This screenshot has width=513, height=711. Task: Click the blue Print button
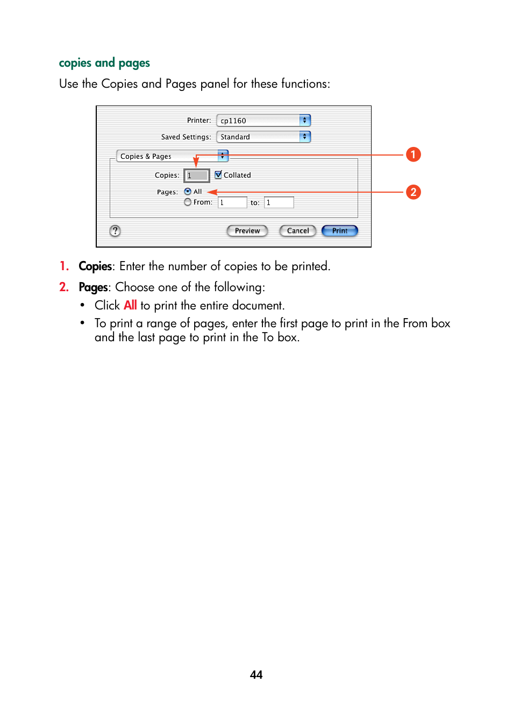339,231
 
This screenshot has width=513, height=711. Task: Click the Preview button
247,231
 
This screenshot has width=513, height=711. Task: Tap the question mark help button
115,231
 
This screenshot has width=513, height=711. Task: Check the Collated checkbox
218,175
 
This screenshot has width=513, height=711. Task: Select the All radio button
188,192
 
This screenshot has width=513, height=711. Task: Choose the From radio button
188,202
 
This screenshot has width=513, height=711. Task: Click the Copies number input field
197,175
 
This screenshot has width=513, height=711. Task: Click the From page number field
232,202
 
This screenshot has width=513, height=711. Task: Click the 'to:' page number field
279,202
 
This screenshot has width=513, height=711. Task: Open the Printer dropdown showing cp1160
263,121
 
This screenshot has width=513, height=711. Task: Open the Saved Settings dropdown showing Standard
263,137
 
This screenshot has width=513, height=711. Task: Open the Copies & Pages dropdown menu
172,156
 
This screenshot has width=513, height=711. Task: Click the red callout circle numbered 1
413,154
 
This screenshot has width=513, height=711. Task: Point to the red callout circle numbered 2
413,192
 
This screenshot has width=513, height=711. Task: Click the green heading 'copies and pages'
104,63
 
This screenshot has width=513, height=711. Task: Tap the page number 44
256,675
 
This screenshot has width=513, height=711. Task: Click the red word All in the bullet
130,306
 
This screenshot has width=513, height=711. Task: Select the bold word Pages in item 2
93,287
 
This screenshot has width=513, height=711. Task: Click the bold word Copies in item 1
95,266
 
